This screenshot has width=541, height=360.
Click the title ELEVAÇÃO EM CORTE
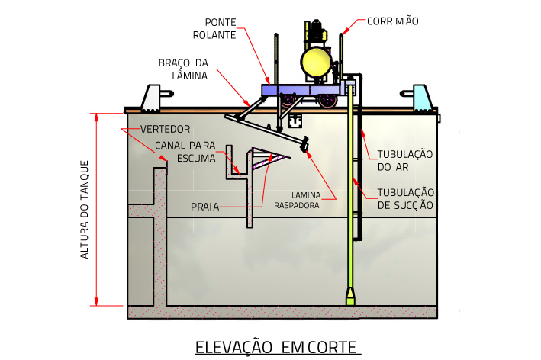click(277, 347)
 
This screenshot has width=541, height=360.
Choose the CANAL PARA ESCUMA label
click(185, 151)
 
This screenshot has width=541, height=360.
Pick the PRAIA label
click(204, 207)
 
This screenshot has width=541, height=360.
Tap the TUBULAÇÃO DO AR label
click(405, 159)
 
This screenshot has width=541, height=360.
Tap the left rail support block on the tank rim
click(156, 96)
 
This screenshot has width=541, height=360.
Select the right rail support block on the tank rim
click(421, 96)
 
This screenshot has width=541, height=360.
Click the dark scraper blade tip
click(305, 144)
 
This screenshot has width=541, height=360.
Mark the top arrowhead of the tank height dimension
click(96, 117)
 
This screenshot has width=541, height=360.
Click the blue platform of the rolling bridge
click(301, 90)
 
